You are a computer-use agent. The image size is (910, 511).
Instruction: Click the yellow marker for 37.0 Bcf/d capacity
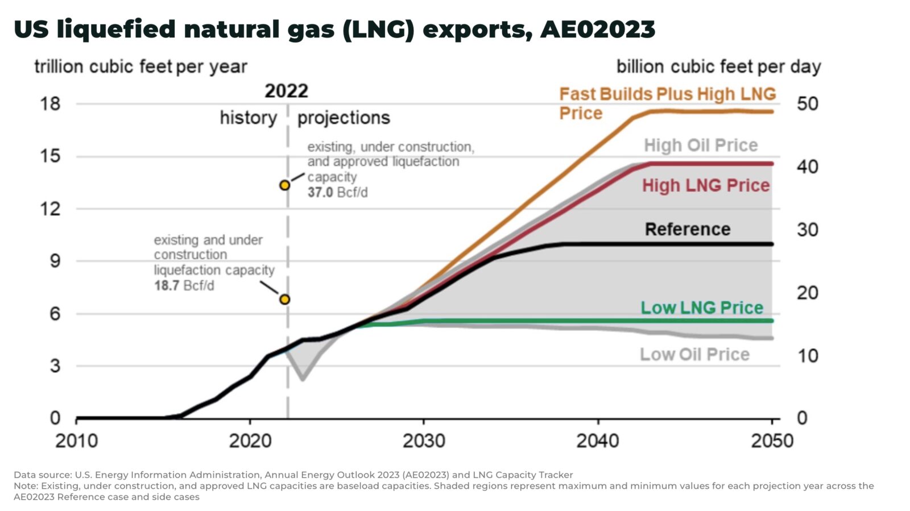click(284, 185)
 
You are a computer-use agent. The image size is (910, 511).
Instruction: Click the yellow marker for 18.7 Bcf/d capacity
click(284, 299)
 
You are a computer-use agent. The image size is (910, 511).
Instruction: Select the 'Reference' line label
click(687, 229)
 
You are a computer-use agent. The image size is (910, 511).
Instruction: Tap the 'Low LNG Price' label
click(701, 308)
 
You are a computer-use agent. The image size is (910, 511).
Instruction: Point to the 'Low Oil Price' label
click(694, 354)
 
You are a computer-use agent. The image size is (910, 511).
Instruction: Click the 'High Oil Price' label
click(700, 145)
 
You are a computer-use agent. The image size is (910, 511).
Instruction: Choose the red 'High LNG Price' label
click(705, 185)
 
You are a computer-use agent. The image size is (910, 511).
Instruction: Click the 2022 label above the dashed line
click(286, 91)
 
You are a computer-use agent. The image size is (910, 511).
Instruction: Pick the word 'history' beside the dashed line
click(249, 118)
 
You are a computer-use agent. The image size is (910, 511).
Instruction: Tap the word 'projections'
click(344, 118)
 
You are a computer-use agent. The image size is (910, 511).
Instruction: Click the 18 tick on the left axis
click(50, 103)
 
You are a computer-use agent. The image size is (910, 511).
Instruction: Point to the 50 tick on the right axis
click(807, 103)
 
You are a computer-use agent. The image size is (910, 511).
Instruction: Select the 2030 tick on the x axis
click(424, 440)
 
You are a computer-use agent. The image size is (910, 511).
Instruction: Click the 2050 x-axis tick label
click(771, 440)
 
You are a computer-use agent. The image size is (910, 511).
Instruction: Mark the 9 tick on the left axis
click(55, 261)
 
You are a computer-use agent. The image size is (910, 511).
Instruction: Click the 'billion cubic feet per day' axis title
click(718, 67)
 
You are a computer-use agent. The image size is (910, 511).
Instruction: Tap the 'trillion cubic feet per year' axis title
click(140, 67)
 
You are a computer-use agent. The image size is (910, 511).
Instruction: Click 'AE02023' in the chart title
click(598, 29)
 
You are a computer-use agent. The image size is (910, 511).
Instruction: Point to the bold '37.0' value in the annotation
click(320, 192)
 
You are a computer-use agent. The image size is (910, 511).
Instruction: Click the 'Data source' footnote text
click(293, 475)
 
